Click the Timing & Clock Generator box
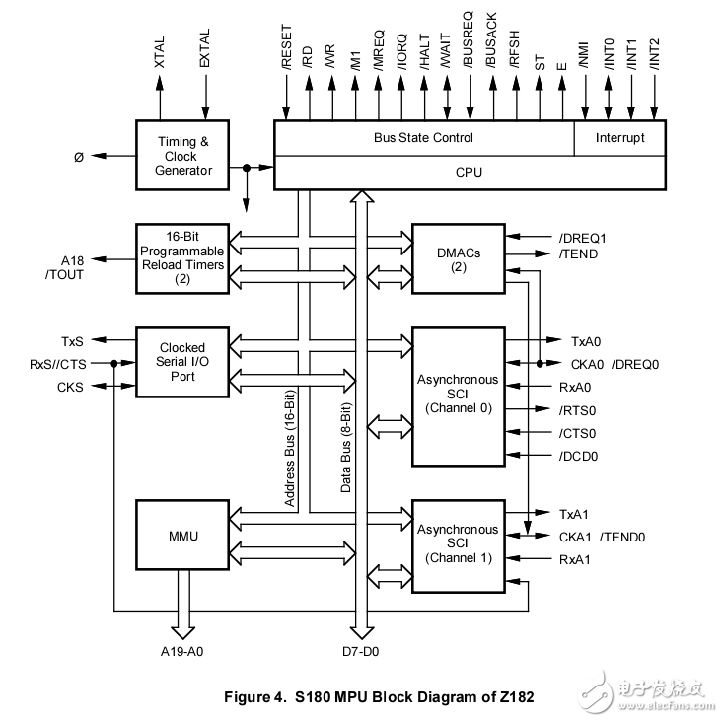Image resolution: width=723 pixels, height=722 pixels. coord(183,156)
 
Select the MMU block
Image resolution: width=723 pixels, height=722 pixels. coord(183,537)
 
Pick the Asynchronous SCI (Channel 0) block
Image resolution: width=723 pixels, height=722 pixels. coord(457,395)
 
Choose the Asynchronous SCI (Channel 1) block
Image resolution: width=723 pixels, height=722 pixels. coord(457,544)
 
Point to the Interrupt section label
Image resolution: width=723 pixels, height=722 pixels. coord(619,138)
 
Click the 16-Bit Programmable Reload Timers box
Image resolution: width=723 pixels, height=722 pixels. coord(183,258)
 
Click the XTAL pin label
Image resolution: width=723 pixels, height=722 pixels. coord(160,50)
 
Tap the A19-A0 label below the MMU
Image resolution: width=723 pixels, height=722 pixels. coord(184,651)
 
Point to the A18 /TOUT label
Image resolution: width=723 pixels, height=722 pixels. coord(65,268)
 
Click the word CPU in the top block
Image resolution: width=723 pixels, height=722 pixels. coord(469,173)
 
